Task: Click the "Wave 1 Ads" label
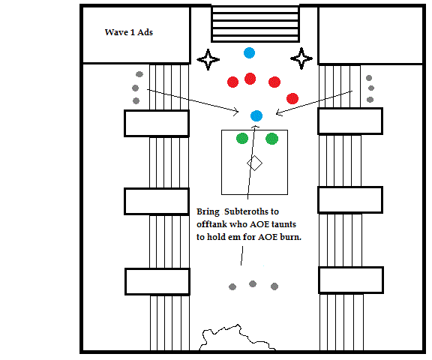click(x=129, y=32)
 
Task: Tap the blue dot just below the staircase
click(x=249, y=52)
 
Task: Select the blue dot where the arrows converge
click(x=256, y=115)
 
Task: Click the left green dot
click(x=242, y=138)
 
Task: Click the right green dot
click(x=271, y=139)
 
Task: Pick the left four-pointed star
click(x=208, y=59)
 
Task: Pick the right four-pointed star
click(x=301, y=58)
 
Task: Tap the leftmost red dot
click(x=232, y=82)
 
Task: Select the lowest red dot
click(x=292, y=98)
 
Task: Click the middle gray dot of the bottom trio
click(x=253, y=284)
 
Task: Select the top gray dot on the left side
click(x=139, y=74)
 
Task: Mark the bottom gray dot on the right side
click(x=370, y=100)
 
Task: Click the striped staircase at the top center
click(x=255, y=24)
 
